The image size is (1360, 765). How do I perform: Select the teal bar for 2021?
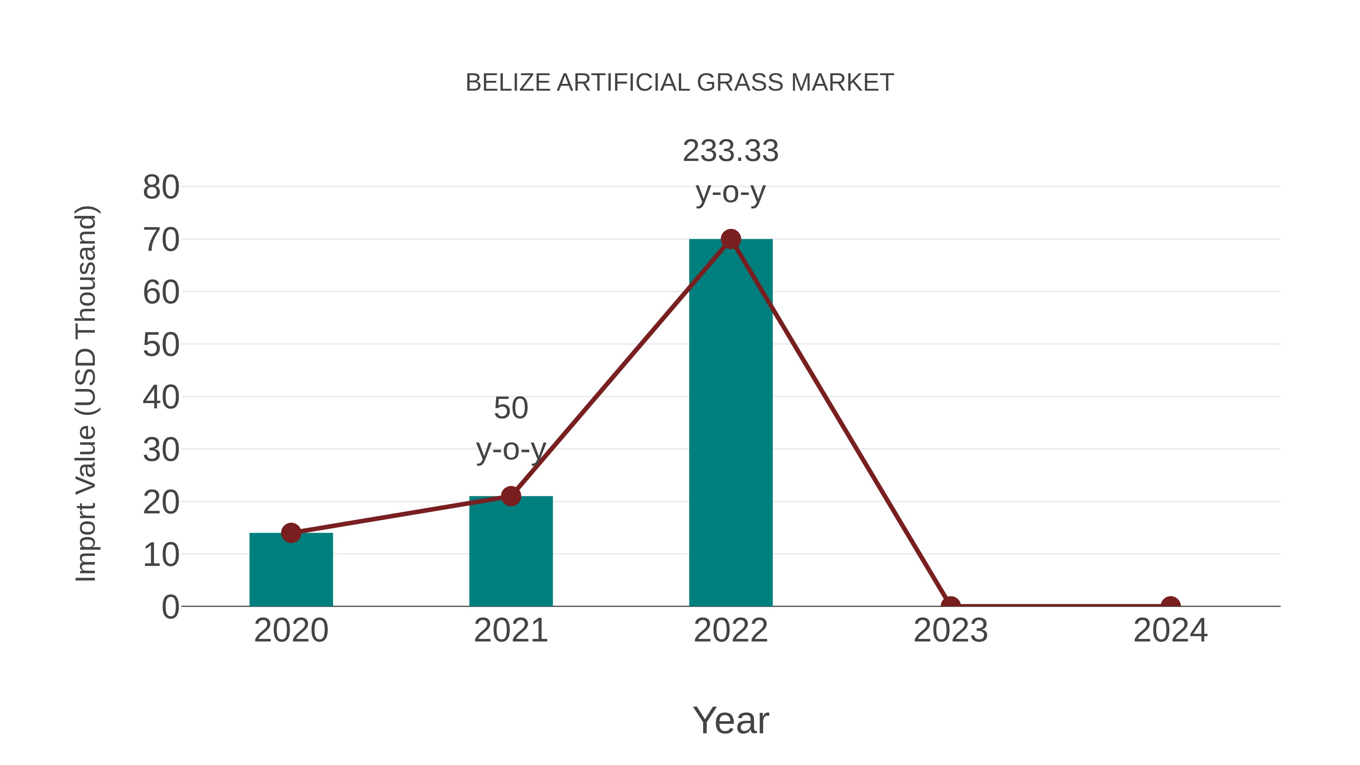pos(510,554)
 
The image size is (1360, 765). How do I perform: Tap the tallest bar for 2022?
pos(730,422)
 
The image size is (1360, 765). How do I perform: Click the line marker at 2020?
pos(291,533)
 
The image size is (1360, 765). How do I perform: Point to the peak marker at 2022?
pos(730,239)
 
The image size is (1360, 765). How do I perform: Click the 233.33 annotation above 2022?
pos(730,151)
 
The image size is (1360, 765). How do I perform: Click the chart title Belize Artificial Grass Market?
pos(680,83)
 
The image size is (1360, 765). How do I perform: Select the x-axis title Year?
pos(731,720)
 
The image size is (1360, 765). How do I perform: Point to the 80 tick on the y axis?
pos(161,187)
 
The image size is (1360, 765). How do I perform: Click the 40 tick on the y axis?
pos(161,397)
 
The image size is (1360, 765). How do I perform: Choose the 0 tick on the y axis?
pos(170,607)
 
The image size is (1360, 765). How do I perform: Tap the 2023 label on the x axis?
pos(950,631)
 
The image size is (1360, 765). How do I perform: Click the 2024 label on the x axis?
pos(1170,631)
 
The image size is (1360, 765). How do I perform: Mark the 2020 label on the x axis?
pos(291,631)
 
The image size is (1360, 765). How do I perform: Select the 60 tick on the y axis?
pos(161,292)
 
